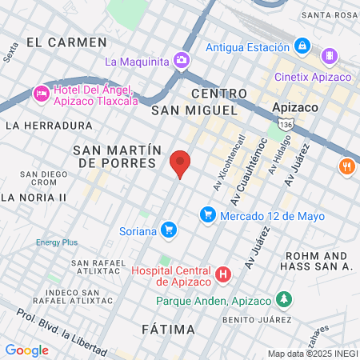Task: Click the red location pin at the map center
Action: [180, 163]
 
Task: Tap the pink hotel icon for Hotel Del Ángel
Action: [41, 94]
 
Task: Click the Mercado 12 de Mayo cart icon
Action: [207, 214]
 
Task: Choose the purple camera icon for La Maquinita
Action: [182, 60]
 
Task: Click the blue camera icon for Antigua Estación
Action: [302, 46]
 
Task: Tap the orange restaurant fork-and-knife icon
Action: [346, 167]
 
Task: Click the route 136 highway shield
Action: [287, 125]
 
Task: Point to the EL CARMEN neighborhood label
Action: [66, 42]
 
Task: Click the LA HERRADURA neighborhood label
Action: [49, 126]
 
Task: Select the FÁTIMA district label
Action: [168, 330]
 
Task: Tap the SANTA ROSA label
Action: [330, 15]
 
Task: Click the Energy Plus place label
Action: [56, 242]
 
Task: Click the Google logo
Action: [26, 350]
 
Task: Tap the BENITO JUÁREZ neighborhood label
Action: [232, 319]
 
